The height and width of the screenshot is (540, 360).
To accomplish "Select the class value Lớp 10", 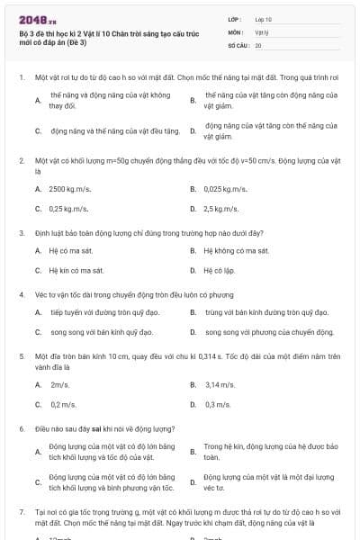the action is coord(264,18).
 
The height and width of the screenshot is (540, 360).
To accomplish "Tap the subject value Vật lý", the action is coord(261,31).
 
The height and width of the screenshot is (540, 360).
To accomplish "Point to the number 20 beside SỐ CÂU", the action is coord(258,44).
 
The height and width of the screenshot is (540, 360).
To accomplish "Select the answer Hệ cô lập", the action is coord(218,270).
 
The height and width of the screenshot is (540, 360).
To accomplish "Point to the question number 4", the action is coord(22,293).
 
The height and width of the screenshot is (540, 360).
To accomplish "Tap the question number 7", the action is coord(22,511).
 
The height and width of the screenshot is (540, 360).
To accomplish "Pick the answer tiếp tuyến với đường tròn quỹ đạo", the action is coord(98,312).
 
